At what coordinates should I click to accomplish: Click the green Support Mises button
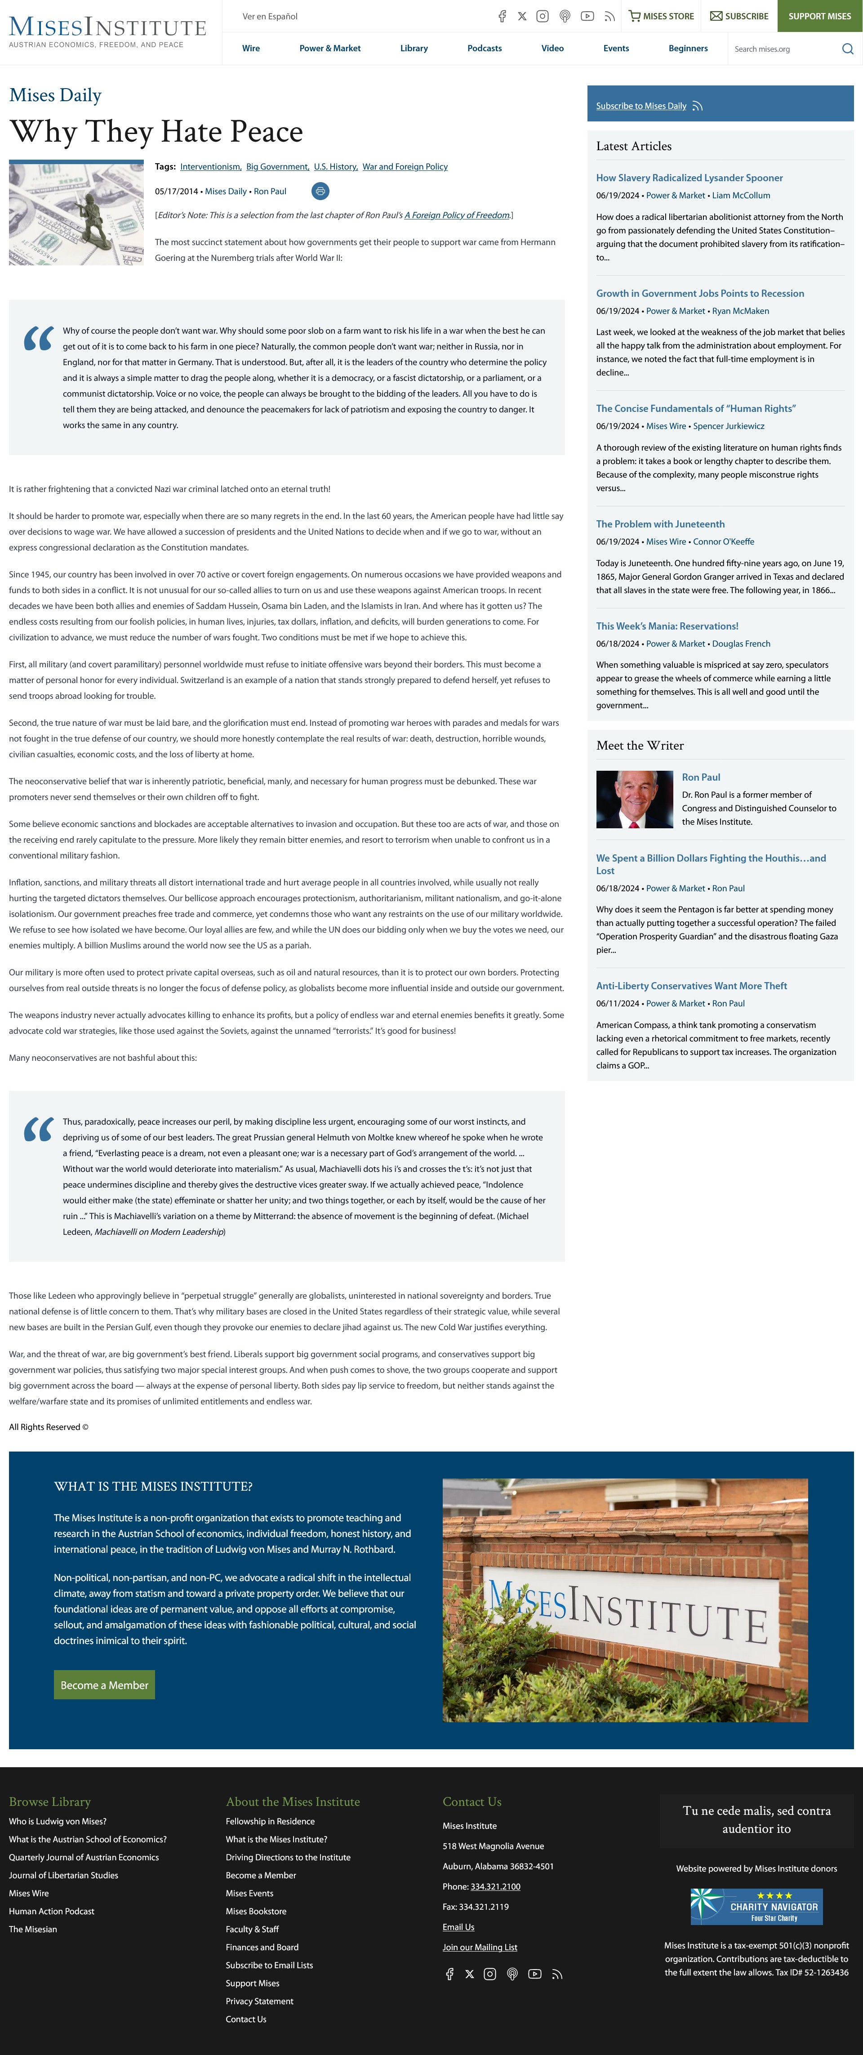[819, 16]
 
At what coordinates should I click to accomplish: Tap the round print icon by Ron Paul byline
[320, 192]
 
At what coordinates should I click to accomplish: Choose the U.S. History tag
[335, 167]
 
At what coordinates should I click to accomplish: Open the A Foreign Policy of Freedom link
[457, 215]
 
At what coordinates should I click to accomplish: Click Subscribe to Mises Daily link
[641, 106]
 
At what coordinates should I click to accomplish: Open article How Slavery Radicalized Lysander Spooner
[689, 178]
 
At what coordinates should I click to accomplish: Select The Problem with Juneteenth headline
[660, 524]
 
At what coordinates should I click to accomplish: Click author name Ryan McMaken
[740, 311]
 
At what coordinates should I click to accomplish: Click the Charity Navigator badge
[756, 1907]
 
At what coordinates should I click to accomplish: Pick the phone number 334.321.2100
[495, 1887]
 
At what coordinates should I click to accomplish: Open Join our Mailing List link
[479, 1948]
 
